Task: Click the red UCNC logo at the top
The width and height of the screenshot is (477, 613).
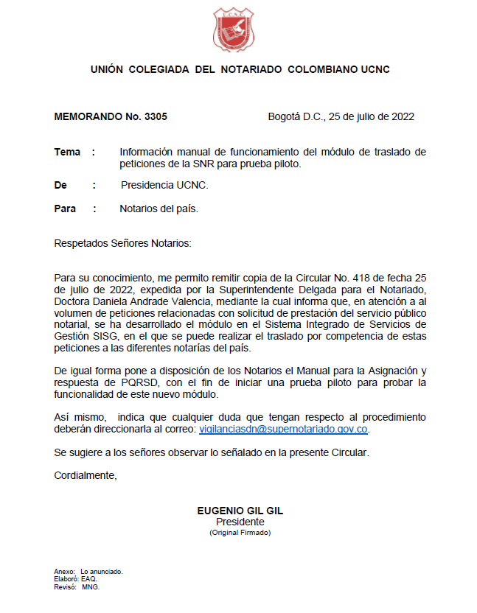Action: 239,29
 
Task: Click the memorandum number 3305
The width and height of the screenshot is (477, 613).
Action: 156,116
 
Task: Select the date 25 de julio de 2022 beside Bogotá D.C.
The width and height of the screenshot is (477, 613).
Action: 372,116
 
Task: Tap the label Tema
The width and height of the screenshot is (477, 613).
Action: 67,152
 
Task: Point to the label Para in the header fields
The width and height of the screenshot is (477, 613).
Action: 65,209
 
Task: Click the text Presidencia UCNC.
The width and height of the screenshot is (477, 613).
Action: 164,186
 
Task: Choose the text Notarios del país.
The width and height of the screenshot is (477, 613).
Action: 159,209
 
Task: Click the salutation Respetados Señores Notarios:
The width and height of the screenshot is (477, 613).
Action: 122,243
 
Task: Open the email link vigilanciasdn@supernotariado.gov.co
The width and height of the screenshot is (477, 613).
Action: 283,428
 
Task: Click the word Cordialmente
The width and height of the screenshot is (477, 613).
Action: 86,475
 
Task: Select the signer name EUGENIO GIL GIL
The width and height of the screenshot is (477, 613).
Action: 240,511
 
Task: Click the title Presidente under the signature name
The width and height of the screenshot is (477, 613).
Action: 240,522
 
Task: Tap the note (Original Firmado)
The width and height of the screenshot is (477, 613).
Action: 240,532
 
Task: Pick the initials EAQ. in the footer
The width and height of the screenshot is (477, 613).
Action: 89,579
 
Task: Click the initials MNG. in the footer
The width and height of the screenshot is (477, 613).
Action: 91,587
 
